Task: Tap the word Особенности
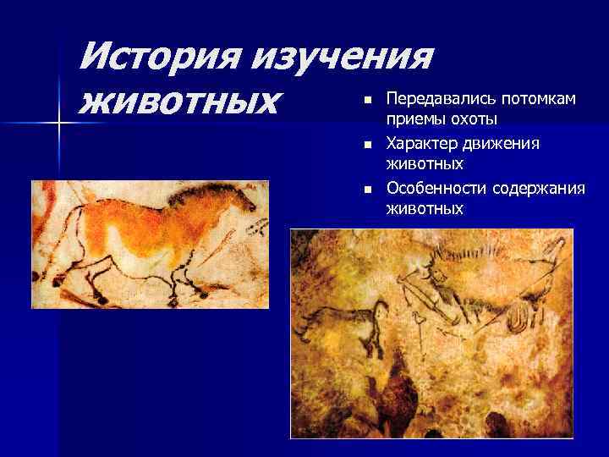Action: (x=430, y=187)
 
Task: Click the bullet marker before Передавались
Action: (x=367, y=101)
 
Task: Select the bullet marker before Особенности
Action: (x=367, y=188)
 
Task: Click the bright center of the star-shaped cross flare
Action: (x=59, y=124)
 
